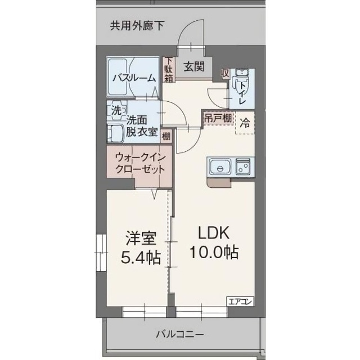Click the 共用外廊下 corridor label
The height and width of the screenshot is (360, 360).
click(137, 26)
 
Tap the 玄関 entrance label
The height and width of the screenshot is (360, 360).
click(194, 67)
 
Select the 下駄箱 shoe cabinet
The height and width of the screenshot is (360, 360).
click(169, 70)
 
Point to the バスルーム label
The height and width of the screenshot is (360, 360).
click(134, 79)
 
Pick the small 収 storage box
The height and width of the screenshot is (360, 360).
click(225, 74)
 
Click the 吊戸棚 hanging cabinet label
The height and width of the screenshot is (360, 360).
click(218, 119)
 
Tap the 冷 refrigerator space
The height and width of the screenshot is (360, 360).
click(245, 123)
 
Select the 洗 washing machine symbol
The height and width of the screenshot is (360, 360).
click(116, 111)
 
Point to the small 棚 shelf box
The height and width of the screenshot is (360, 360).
click(166, 136)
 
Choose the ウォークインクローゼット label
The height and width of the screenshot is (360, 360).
click(140, 163)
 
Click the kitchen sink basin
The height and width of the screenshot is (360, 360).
click(220, 167)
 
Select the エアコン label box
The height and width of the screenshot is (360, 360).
click(240, 301)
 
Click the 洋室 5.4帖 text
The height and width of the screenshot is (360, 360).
click(141, 248)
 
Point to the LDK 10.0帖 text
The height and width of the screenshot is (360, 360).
click(214, 242)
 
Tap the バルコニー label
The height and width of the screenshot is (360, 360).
click(179, 334)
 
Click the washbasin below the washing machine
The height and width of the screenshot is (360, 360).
click(116, 133)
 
